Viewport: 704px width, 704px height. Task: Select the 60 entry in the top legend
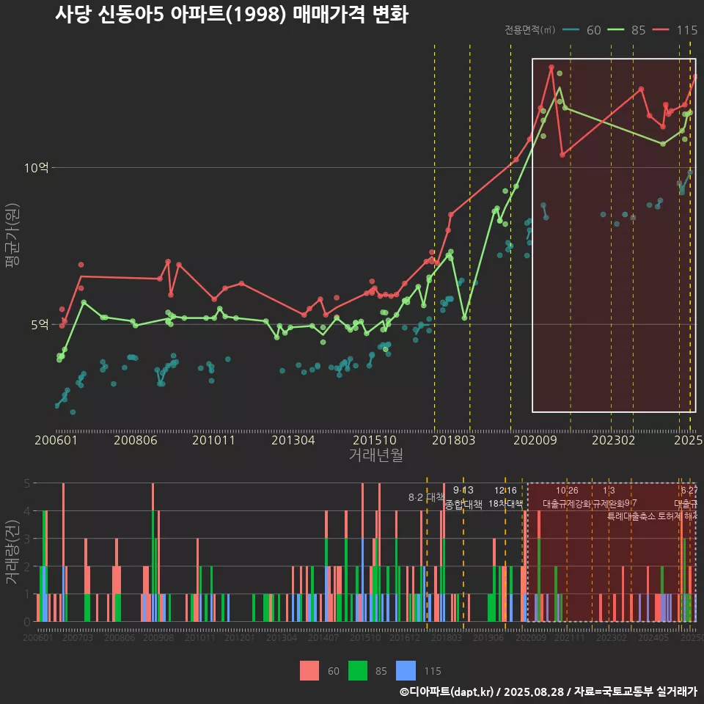tap(593, 30)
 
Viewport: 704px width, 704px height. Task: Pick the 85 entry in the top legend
tap(637, 30)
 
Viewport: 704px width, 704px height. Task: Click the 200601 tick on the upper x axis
tap(56, 440)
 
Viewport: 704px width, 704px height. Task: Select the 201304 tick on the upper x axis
tap(293, 440)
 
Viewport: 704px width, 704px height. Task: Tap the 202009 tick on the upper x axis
tap(535, 440)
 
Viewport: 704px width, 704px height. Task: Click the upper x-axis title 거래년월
tap(375, 455)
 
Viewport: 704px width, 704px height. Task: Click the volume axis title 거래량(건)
tap(11, 552)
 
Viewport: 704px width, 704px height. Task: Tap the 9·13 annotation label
tap(463, 490)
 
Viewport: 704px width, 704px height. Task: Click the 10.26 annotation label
tap(567, 490)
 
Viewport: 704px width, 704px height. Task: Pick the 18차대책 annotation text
tap(505, 504)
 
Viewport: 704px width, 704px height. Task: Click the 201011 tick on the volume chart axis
tap(199, 639)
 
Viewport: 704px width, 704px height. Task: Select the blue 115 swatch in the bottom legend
tap(406, 670)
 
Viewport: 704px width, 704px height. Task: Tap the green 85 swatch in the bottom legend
tap(357, 670)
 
